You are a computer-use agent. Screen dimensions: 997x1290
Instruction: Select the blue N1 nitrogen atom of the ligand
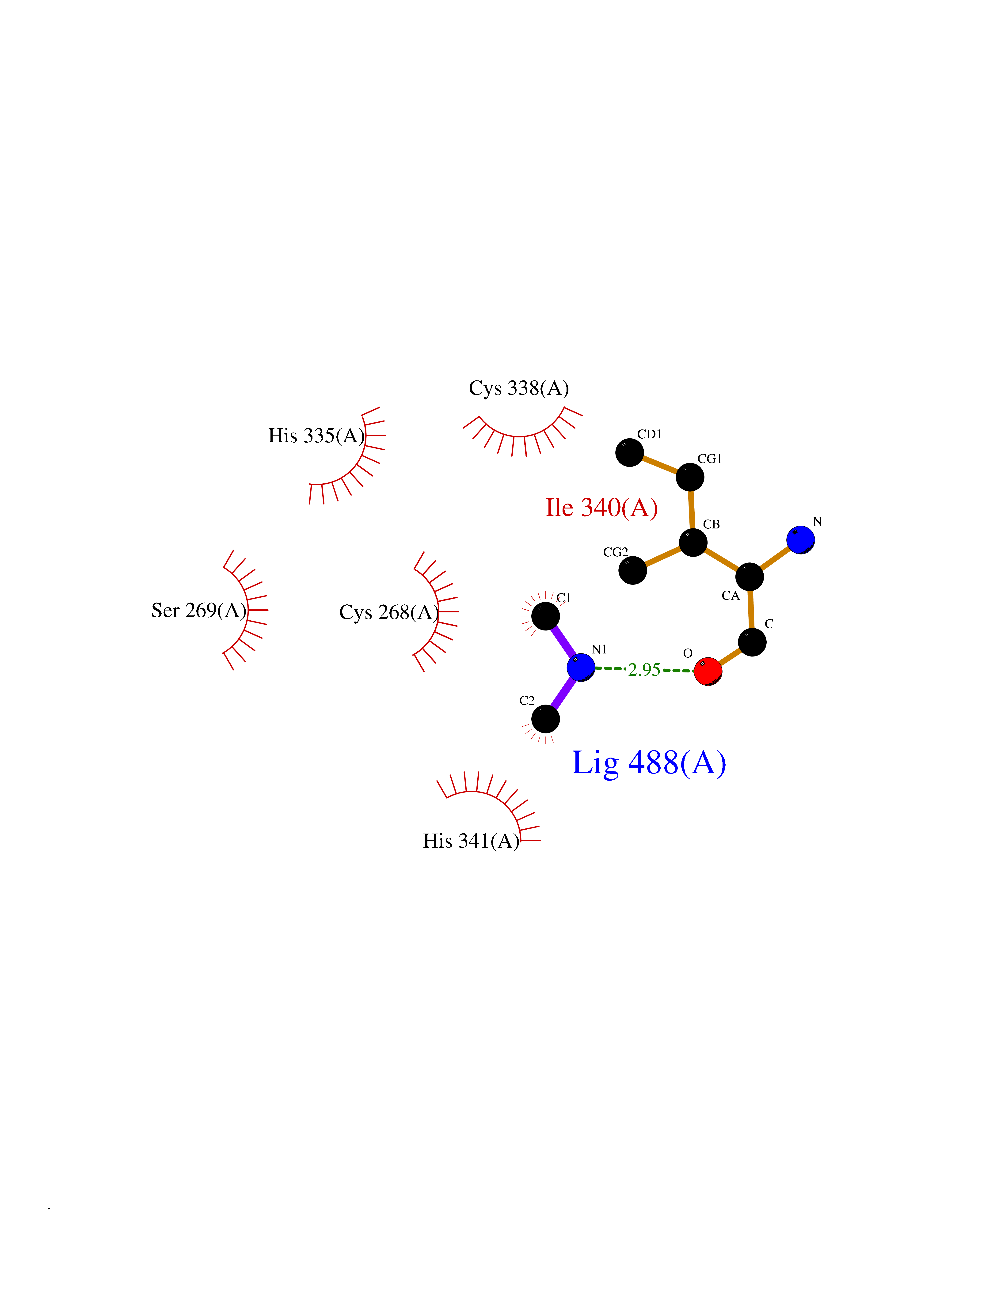(x=581, y=668)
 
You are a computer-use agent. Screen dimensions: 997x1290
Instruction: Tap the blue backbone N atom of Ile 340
(x=801, y=540)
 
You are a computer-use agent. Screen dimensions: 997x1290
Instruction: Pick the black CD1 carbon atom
(x=630, y=452)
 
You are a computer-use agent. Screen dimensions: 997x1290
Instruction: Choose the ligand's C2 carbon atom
(x=546, y=719)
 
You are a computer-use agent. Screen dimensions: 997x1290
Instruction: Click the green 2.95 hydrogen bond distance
(x=644, y=670)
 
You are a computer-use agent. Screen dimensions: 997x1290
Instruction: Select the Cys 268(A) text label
(x=389, y=612)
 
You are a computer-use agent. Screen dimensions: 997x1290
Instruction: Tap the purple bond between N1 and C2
(x=563, y=694)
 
